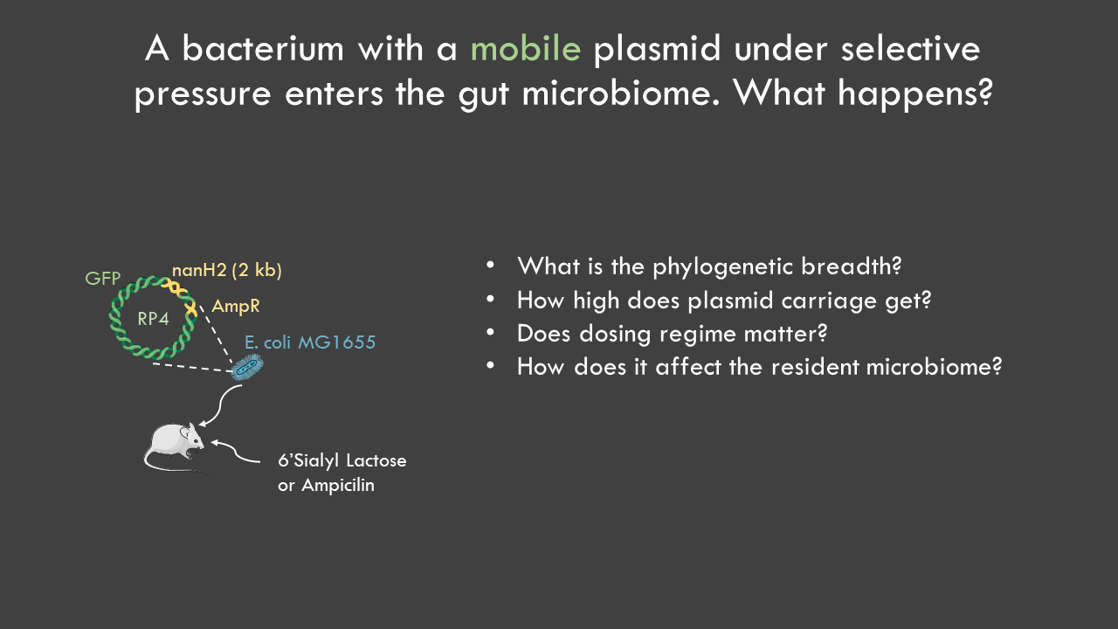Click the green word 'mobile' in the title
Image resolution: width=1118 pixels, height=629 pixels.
tap(526, 49)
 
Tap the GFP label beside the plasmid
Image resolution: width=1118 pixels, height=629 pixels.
tap(103, 278)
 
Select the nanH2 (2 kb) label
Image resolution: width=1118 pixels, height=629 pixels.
tap(227, 270)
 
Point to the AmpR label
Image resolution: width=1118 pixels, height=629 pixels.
tap(236, 306)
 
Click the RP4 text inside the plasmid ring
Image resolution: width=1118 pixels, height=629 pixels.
tap(153, 319)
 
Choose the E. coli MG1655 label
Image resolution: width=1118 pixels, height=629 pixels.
tap(310, 342)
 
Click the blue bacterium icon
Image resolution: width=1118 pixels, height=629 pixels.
tap(247, 368)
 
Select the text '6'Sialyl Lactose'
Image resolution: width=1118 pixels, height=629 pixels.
tap(342, 460)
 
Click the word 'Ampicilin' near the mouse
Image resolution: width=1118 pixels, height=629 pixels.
tap(338, 485)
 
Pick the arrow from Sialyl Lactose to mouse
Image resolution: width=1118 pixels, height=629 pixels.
tap(235, 451)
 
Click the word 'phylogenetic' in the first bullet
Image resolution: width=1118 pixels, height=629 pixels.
tap(727, 267)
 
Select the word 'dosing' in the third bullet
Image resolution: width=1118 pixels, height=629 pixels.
tap(615, 335)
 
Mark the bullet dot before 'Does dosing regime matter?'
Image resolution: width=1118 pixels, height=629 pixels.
tap(490, 332)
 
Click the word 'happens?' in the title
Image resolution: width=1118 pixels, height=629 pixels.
tap(914, 93)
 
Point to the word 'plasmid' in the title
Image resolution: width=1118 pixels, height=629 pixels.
tap(658, 49)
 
